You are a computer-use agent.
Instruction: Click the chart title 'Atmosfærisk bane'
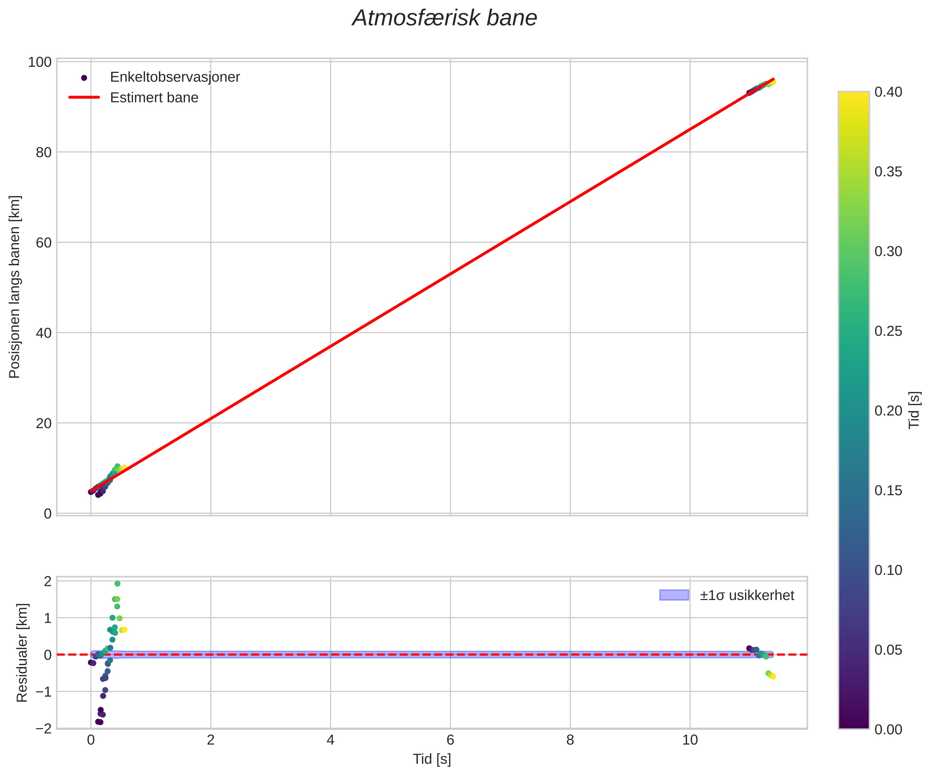click(444, 19)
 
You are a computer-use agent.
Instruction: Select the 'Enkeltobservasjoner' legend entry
click(175, 77)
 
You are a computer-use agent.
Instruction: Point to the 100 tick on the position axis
click(40, 62)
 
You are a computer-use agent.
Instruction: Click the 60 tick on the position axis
click(43, 243)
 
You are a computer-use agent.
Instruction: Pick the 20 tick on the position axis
click(43, 423)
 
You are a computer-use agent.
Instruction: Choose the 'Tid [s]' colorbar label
click(914, 410)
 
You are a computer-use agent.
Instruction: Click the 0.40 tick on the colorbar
click(888, 92)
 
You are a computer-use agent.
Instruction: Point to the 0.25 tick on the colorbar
click(888, 331)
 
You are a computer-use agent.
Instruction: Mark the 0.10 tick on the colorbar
click(888, 570)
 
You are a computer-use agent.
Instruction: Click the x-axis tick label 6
click(450, 740)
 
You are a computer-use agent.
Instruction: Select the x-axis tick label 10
click(690, 740)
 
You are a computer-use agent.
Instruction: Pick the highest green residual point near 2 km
click(117, 584)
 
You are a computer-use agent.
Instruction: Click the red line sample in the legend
click(84, 97)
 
